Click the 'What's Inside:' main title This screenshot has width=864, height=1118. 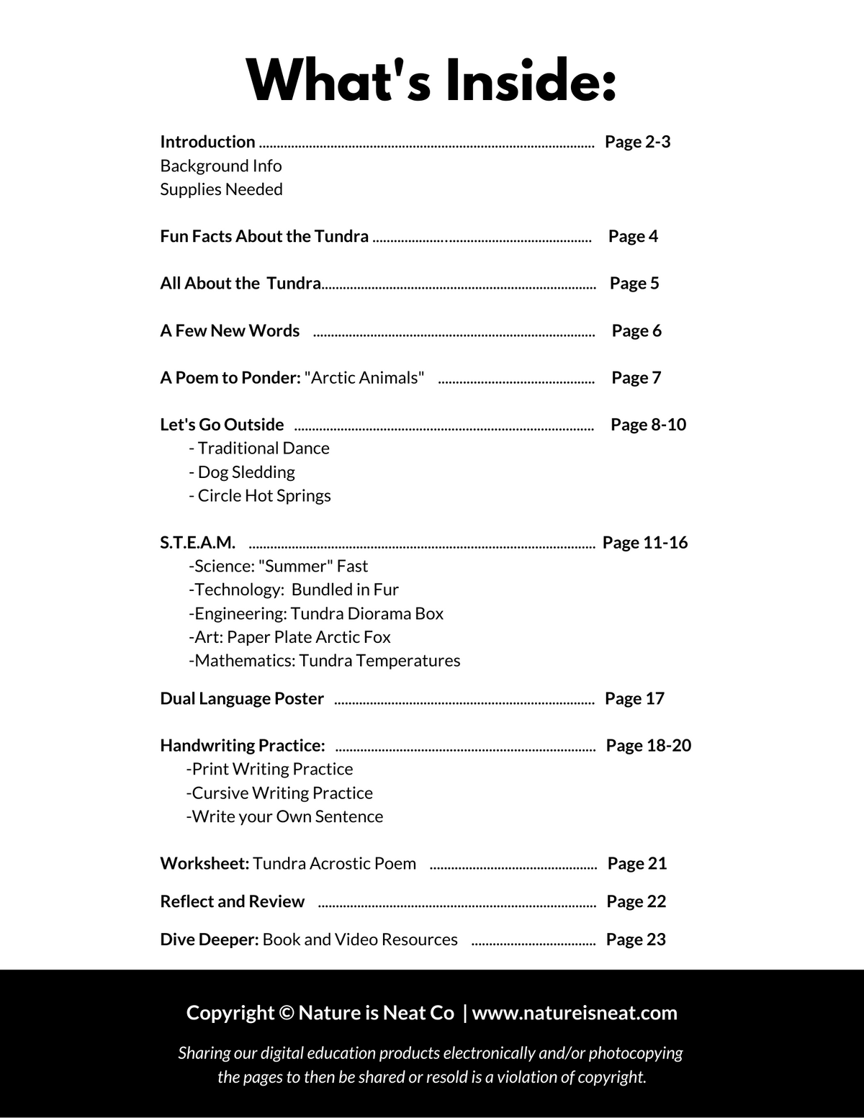pos(431,80)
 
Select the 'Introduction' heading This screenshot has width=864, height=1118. pos(207,142)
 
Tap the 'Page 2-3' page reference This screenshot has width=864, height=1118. pos(637,142)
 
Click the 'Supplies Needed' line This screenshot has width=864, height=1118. pos(221,189)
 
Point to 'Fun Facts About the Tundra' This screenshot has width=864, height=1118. pos(264,236)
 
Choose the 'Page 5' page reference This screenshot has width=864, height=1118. pos(634,283)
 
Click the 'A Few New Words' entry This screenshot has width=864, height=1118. pos(230,330)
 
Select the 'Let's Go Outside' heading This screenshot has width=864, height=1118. pos(222,425)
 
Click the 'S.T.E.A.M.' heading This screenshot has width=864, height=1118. pos(197,543)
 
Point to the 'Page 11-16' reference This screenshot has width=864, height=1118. pos(645,543)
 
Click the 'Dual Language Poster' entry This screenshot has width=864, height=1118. pos(242,699)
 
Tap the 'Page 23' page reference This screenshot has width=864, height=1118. pos(636,939)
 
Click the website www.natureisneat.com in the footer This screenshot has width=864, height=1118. pos(575,1013)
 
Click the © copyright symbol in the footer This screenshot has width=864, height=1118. pos(286,1013)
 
